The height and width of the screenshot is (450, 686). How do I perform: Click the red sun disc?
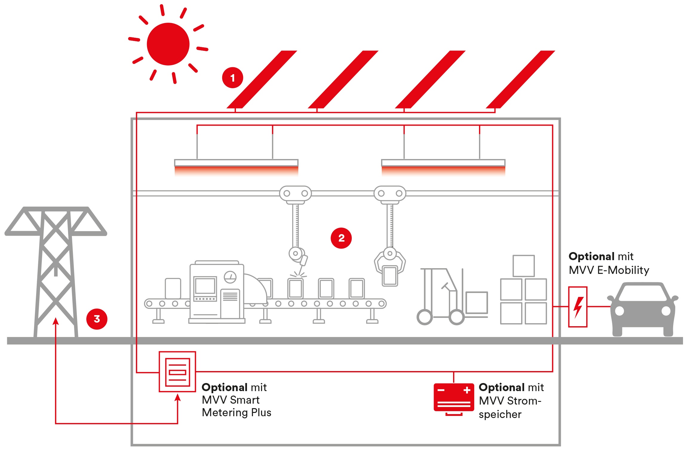click(168, 44)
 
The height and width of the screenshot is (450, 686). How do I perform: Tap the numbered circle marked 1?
click(232, 78)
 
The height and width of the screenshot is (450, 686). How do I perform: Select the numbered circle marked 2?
click(341, 238)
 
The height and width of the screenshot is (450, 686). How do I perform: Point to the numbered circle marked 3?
click(97, 319)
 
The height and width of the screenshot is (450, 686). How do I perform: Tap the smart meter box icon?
click(177, 372)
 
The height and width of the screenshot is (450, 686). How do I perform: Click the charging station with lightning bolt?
click(578, 307)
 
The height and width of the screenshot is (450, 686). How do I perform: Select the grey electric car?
click(642, 309)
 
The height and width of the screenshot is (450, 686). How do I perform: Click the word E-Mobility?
click(623, 270)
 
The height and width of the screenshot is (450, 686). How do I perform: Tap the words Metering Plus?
click(236, 413)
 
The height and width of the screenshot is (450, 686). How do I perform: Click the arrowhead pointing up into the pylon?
click(56, 321)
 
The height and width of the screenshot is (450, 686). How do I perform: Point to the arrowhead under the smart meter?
click(178, 398)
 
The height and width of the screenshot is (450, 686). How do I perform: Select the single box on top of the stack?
click(524, 266)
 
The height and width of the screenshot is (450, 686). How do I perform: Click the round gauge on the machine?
click(230, 277)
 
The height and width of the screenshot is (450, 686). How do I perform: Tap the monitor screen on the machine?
click(205, 286)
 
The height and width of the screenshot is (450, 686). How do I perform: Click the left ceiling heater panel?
click(236, 163)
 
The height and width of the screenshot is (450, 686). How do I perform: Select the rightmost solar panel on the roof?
click(521, 80)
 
